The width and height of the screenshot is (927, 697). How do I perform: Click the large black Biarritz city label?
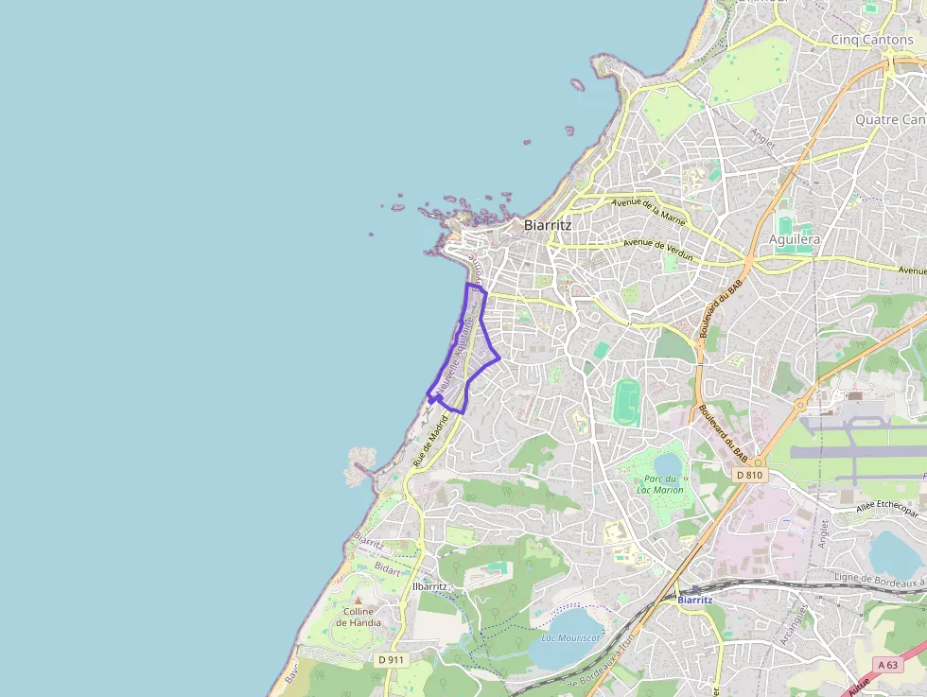point(548,225)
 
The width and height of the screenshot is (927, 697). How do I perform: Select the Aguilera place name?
point(794,239)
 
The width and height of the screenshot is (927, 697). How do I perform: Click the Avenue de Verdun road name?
point(657,250)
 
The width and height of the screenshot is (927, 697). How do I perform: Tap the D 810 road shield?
point(748,475)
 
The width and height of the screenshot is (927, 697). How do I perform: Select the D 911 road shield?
point(390,658)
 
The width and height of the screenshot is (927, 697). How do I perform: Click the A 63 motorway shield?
point(887,665)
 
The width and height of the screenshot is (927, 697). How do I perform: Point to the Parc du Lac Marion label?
point(659,484)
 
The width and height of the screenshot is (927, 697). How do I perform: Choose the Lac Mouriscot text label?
point(569,637)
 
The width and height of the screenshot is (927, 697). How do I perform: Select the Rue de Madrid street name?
point(430,444)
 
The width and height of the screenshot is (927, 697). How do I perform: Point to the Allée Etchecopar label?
point(886,510)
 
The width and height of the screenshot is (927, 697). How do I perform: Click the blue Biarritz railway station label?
point(696,600)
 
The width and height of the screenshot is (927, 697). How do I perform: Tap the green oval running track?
point(625,401)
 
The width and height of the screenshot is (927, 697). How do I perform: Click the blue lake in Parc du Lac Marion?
point(668,463)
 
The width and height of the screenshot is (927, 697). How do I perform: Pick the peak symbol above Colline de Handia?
point(358,600)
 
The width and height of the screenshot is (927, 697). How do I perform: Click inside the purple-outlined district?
point(467,355)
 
